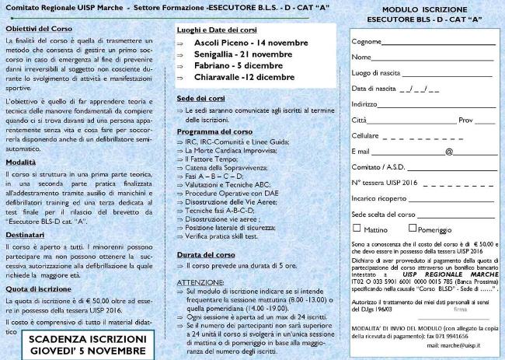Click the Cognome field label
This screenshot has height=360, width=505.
366,41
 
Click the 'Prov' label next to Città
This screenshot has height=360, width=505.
466,120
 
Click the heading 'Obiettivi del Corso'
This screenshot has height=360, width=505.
36,27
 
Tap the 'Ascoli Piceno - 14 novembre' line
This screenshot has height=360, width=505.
239,41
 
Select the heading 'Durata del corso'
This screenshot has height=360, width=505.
206,253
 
